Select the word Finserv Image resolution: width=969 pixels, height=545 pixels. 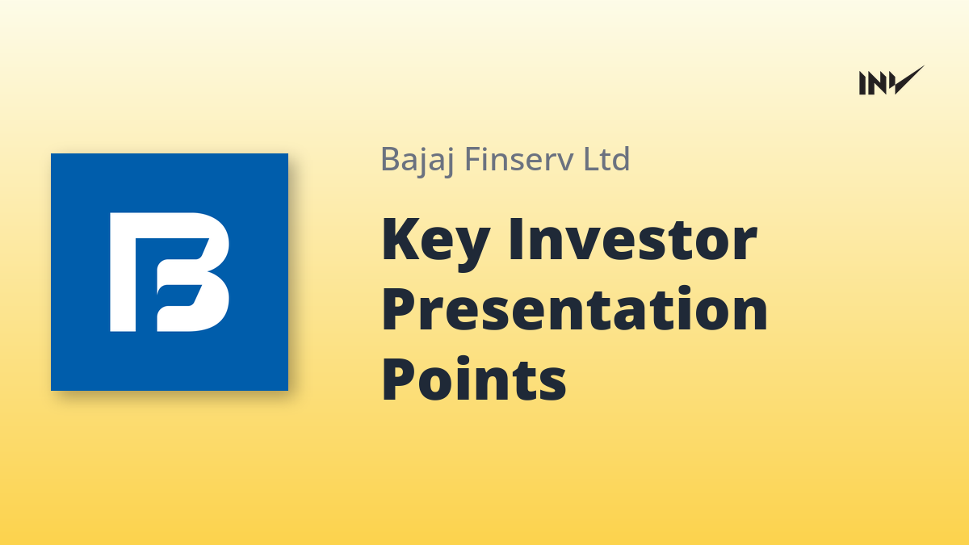(518, 159)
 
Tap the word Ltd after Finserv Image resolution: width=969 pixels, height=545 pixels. (606, 159)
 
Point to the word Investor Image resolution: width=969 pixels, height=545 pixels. (633, 239)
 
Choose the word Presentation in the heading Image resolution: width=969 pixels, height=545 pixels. (574, 309)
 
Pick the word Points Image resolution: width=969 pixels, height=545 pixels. (474, 379)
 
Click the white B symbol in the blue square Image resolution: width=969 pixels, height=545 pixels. (169, 272)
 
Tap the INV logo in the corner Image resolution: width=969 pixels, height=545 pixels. (891, 81)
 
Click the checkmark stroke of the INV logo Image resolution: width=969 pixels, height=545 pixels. (908, 81)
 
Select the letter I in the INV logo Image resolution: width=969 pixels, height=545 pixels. (862, 83)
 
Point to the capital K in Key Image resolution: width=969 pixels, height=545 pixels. (401, 239)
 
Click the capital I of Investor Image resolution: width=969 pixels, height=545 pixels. (515, 239)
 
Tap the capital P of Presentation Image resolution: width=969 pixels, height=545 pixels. (400, 309)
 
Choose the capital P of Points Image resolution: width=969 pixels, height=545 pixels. (400, 379)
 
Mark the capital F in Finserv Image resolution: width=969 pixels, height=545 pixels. (474, 159)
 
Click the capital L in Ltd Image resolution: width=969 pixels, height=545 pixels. (591, 159)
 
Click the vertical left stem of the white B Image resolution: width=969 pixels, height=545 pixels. (123, 272)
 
